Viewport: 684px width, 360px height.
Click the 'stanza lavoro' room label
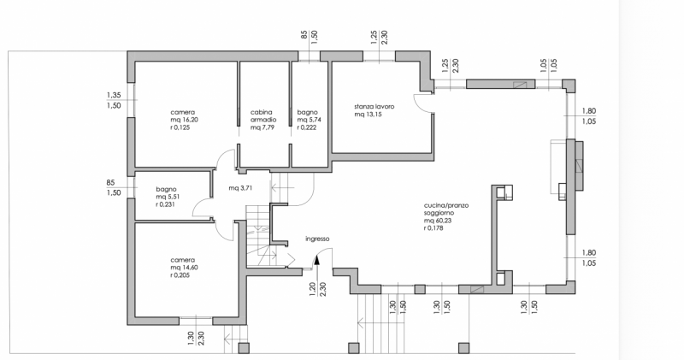pyautogui.click(x=374, y=106)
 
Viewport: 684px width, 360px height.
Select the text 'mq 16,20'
pyautogui.click(x=184, y=120)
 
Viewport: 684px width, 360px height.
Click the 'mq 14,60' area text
pyautogui.click(x=184, y=268)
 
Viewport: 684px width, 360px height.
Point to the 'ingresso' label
pyautogui.click(x=317, y=239)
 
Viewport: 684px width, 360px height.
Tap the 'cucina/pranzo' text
pyautogui.click(x=445, y=205)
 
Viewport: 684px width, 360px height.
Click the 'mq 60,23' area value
pyautogui.click(x=439, y=221)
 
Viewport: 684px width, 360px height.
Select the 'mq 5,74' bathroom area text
pyautogui.click(x=309, y=120)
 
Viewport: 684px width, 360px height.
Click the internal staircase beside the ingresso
pyautogui.click(x=257, y=235)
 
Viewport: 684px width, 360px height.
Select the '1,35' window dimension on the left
pyautogui.click(x=113, y=95)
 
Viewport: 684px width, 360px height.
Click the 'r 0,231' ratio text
pyautogui.click(x=168, y=205)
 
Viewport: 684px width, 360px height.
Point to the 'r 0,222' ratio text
pyautogui.click(x=309, y=127)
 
